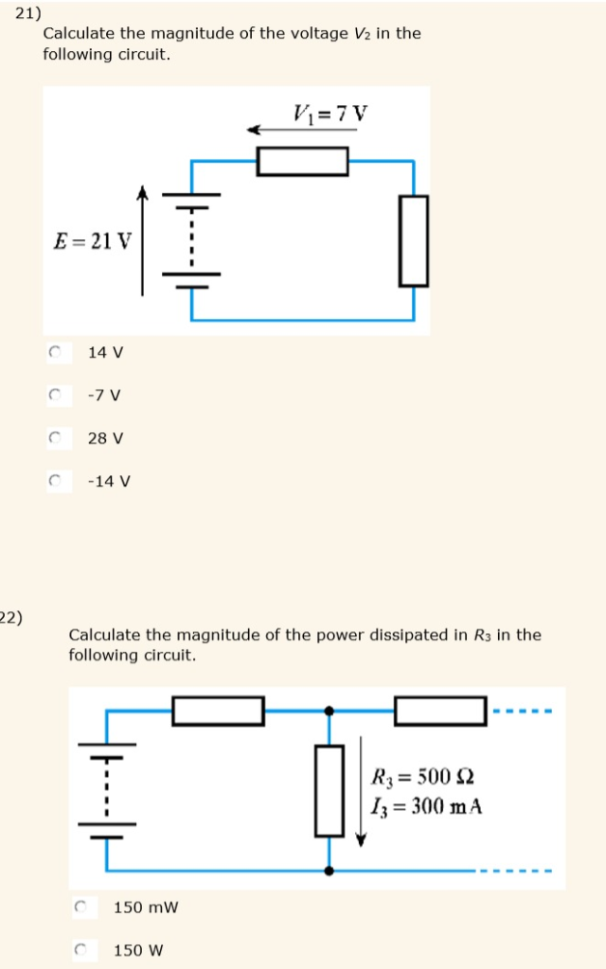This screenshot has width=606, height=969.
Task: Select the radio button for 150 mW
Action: coord(82,907)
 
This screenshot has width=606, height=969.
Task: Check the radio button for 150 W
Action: coord(82,949)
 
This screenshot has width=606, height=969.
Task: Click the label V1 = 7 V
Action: coord(330,115)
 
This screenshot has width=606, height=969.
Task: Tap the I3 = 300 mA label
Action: coord(428,807)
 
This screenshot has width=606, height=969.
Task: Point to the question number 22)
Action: coord(9,618)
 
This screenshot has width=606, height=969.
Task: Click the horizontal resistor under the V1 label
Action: coord(303,162)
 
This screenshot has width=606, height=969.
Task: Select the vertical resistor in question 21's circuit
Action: coord(414,240)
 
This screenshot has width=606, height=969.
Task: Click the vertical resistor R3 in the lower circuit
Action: coord(329,790)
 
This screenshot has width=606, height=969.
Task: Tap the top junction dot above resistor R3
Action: coord(329,711)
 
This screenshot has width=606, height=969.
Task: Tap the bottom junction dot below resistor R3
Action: coord(329,870)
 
